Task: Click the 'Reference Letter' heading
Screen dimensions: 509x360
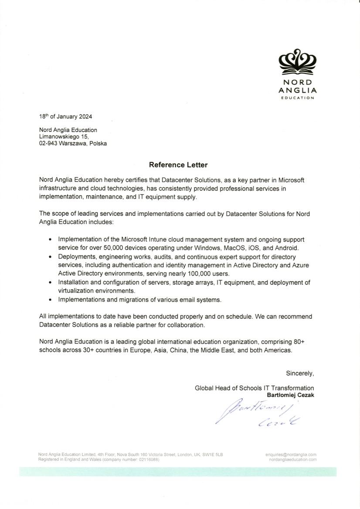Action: (178, 165)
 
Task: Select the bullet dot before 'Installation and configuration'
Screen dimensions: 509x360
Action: (50, 283)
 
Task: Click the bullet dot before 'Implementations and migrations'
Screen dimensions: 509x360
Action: (50, 300)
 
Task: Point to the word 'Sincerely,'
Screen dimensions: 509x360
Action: (300, 373)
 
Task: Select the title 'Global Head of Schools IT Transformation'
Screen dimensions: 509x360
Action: (254, 388)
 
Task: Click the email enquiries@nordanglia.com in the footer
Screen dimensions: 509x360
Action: (291, 455)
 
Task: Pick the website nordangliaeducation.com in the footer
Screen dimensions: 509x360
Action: (293, 459)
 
